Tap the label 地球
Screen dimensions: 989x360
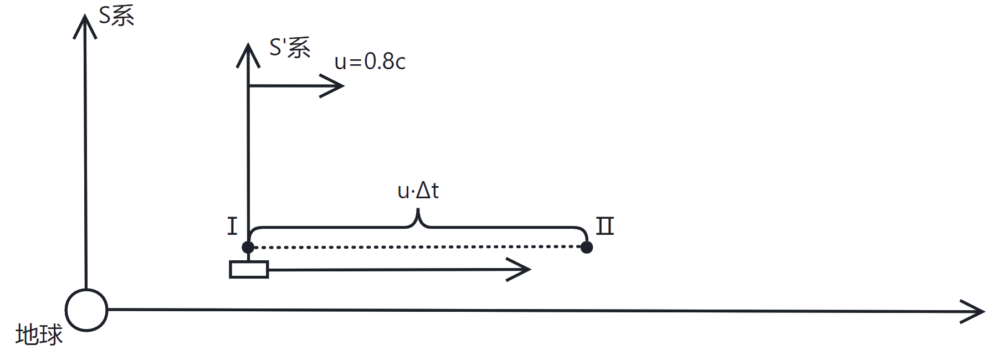(39, 335)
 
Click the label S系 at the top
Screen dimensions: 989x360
(116, 16)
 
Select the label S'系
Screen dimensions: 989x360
(290, 48)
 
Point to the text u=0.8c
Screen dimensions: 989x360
(370, 61)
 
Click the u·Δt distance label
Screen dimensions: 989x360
(418, 191)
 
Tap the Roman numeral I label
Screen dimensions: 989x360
(232, 227)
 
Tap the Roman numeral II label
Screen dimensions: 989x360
(605, 226)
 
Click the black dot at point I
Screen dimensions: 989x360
(248, 247)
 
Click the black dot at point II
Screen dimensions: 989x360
(587, 247)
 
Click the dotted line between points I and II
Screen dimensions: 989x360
(417, 247)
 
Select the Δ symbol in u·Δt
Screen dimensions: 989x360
(423, 191)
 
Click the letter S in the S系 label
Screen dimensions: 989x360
(105, 16)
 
